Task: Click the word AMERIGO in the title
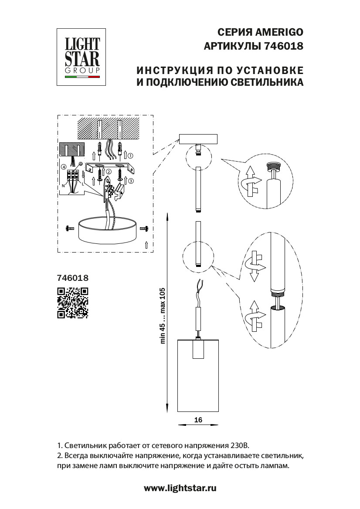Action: [279, 33]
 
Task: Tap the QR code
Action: [73, 302]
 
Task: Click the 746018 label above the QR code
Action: [73, 277]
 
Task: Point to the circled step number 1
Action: [130, 155]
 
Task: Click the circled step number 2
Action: [109, 172]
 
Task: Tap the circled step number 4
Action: [64, 167]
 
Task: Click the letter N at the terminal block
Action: [63, 185]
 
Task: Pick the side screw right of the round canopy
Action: [144, 228]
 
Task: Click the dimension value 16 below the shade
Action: [198, 420]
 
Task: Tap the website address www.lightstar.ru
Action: [180, 488]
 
